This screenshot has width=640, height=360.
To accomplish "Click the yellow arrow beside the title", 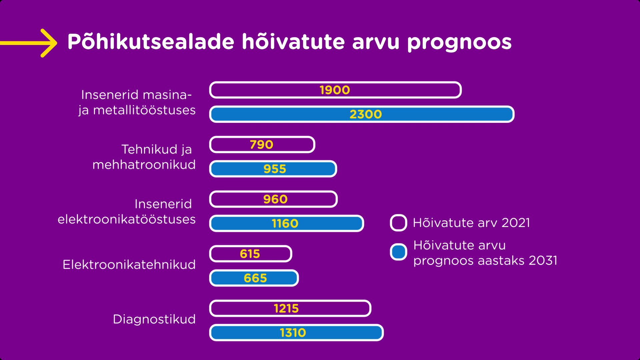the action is [x=29, y=43].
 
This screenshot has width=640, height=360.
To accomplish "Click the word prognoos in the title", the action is [x=459, y=42].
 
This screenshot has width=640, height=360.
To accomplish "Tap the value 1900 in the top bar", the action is [x=335, y=90].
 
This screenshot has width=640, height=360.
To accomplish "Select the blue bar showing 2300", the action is [x=362, y=114].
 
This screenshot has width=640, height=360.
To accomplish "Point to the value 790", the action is [x=262, y=145].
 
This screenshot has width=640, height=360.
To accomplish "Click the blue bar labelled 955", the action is [x=273, y=169].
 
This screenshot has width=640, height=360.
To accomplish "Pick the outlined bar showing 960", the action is [x=273, y=199].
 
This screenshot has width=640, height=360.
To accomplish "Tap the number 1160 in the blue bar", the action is [x=285, y=223].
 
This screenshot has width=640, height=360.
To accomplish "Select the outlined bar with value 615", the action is [x=251, y=254].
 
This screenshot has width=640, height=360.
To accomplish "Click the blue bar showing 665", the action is [x=254, y=278].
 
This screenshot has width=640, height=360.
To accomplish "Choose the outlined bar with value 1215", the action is [x=290, y=308].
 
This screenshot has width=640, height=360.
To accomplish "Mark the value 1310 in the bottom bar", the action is [x=293, y=333].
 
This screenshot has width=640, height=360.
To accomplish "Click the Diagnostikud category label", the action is [x=154, y=319].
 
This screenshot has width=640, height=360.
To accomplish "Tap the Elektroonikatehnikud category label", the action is [x=129, y=265].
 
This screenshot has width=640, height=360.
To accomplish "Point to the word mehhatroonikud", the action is [x=144, y=165].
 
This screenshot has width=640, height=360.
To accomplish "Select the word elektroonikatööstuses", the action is [x=127, y=219].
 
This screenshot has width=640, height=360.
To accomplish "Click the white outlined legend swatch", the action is [x=398, y=223].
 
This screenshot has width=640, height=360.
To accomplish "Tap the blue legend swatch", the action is [x=398, y=252].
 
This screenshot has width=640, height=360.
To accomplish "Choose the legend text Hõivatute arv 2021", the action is [x=471, y=223].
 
